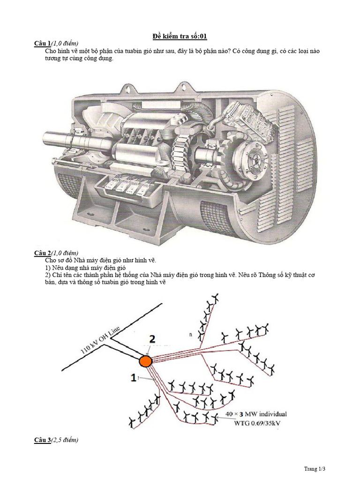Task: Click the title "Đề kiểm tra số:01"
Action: coord(180,37)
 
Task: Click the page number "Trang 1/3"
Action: coord(315,468)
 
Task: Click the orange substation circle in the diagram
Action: coord(145,361)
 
